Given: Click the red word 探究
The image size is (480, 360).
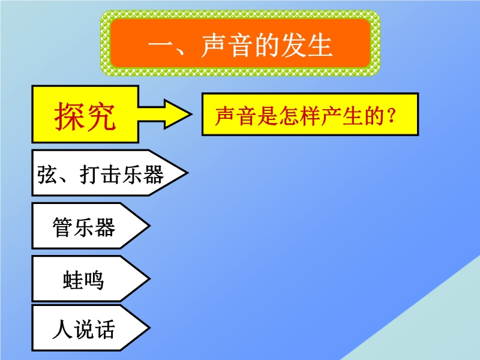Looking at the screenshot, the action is (x=85, y=116).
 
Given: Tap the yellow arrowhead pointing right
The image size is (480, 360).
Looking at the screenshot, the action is (x=178, y=114).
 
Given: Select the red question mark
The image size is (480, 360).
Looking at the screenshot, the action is (x=391, y=116).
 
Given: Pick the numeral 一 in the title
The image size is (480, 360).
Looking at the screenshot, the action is (x=161, y=46).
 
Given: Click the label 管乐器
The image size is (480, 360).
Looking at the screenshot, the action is (x=84, y=227).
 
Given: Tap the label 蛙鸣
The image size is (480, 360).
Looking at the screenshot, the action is (x=83, y=280).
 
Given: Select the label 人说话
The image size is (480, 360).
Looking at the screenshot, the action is (x=83, y=329).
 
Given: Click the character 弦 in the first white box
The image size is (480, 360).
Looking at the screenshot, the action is (x=47, y=175).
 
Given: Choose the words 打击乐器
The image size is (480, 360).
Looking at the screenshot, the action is (x=122, y=175).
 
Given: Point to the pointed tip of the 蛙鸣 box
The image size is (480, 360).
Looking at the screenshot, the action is (x=149, y=278).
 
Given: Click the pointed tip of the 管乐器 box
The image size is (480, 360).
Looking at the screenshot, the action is (x=149, y=226).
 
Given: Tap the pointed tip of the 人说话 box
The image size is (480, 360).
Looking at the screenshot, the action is (x=149, y=328).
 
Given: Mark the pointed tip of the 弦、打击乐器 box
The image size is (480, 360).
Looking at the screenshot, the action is (x=187, y=173).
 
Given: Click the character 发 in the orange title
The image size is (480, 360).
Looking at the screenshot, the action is (x=293, y=46).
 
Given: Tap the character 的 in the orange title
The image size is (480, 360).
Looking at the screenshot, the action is (x=266, y=46).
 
